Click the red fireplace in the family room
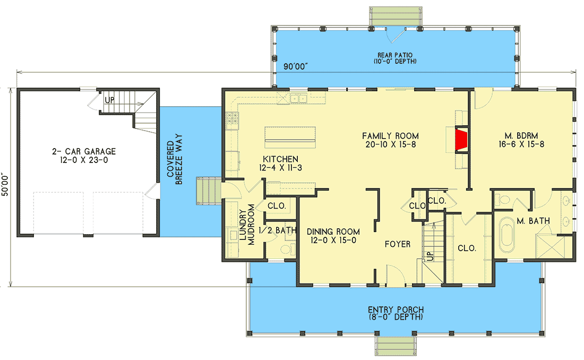coord(462,140)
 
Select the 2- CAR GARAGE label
coord(88,156)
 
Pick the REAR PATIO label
coord(396,58)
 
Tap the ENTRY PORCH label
coord(396,313)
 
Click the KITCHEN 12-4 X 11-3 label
coord(280,164)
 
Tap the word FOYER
coord(398,245)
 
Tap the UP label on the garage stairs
coord(109,100)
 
